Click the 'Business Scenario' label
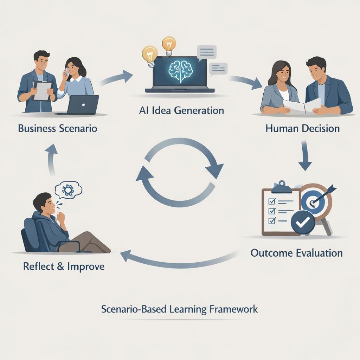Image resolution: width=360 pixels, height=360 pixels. coord(58,128)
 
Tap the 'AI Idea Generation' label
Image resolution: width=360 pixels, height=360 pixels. coord(181,110)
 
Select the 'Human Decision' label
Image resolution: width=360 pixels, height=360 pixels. coord(303,128)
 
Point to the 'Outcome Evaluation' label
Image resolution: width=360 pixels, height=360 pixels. coord(297,253)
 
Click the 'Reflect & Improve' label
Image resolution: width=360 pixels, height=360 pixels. coord(64,266)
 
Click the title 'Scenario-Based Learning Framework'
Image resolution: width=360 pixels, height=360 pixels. coord(180,309)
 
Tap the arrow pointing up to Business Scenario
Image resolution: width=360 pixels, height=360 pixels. coord(51,159)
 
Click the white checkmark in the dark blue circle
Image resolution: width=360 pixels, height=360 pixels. coord(303,222)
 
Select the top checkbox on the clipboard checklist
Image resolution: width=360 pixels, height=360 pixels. coord(272,201)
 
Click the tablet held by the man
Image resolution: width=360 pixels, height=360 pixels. coord(43,91)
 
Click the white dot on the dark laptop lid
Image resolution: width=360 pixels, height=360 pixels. coord(83,105)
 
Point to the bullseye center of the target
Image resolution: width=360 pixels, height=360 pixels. coord(312,203)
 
